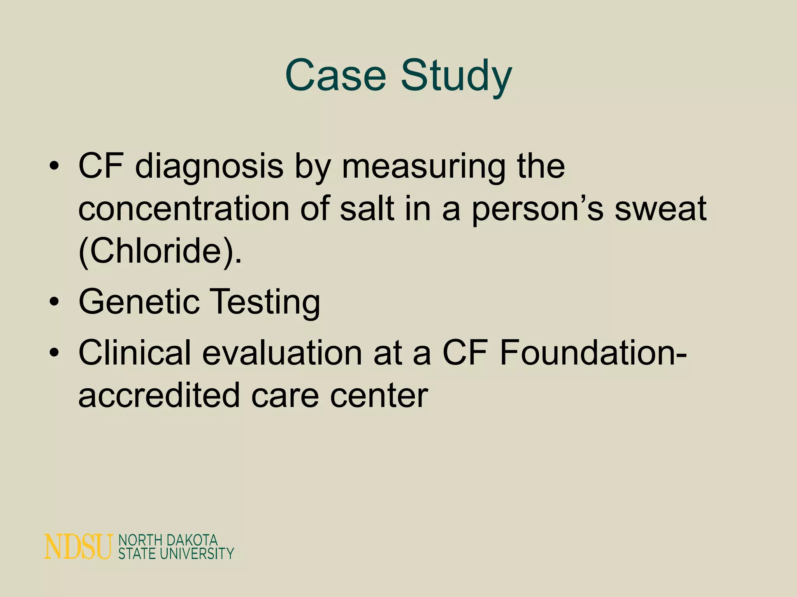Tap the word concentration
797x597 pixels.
(x=184, y=209)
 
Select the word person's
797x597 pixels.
(x=537, y=209)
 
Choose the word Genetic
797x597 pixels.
(x=139, y=302)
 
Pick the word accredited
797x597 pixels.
(x=159, y=395)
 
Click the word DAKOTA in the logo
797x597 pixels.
(x=191, y=540)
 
